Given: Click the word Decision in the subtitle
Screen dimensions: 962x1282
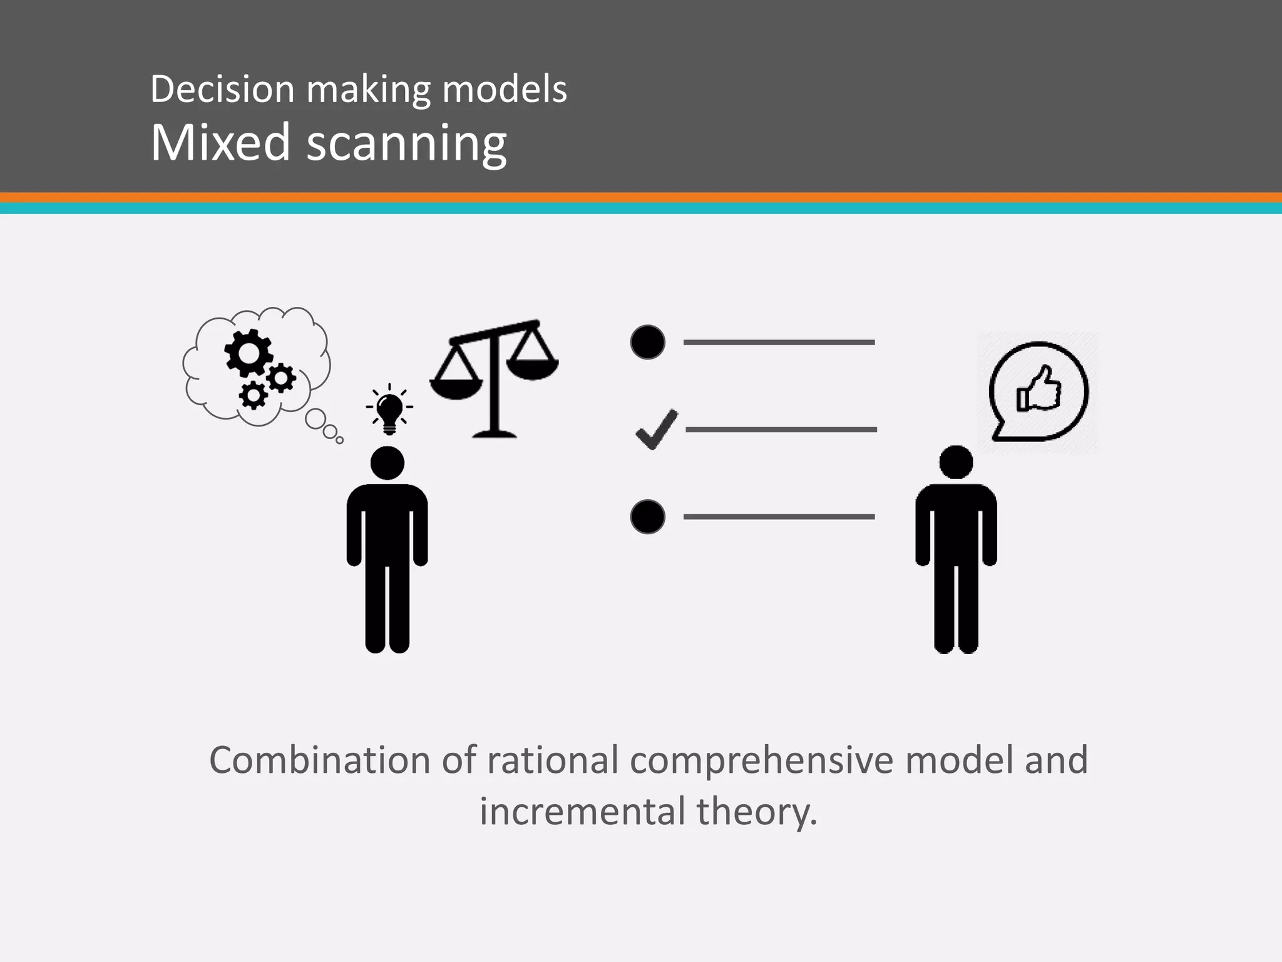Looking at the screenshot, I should click(222, 89).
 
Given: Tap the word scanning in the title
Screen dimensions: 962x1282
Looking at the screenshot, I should click(406, 144).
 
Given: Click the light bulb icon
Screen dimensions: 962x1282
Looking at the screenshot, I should click(389, 409).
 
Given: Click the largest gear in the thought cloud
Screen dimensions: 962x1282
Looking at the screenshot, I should click(248, 353).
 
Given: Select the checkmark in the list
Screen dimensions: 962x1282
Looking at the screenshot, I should click(656, 430).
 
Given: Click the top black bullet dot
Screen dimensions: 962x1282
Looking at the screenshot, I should click(647, 342).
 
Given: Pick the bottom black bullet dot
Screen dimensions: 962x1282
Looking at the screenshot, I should click(647, 517).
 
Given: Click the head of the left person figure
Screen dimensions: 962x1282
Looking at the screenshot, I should click(387, 463).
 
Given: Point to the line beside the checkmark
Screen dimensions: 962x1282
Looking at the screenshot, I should click(781, 430).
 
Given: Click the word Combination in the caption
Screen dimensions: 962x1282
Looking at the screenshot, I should click(320, 760).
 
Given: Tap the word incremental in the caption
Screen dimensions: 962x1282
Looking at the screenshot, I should click(582, 812).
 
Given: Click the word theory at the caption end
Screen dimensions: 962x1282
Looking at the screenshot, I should click(757, 812).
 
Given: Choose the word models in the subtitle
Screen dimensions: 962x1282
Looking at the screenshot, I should click(505, 89).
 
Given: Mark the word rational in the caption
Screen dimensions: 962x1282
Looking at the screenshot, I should click(553, 760).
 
